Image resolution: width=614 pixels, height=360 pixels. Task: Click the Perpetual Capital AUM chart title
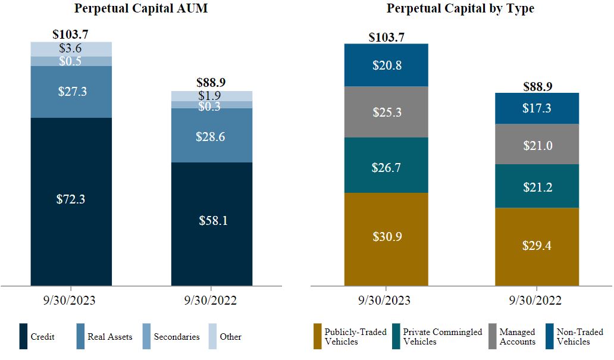[x=141, y=10]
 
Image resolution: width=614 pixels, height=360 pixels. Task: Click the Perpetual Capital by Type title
[x=460, y=9]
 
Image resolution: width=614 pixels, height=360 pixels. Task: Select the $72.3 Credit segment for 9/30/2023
[x=71, y=200]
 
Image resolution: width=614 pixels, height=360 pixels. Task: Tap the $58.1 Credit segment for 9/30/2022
[x=212, y=221]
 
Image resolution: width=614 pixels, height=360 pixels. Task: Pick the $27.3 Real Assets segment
[x=71, y=92]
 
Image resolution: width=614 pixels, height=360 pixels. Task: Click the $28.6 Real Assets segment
[x=212, y=136]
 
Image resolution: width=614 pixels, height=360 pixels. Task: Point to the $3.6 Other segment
[x=71, y=49]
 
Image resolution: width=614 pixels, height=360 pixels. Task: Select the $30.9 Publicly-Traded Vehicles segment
[x=386, y=237]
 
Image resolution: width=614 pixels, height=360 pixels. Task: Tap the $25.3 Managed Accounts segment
[x=386, y=112]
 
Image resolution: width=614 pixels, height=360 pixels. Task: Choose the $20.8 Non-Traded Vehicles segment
[x=386, y=65]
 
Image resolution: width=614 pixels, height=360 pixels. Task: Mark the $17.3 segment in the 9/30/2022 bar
[x=537, y=108]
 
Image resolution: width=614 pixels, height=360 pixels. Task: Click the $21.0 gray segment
[x=537, y=144]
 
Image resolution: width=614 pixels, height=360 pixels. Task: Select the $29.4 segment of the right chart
[x=537, y=245]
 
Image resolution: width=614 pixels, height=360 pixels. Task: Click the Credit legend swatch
[x=24, y=336]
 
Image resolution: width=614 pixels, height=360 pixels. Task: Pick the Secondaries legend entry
[x=176, y=337]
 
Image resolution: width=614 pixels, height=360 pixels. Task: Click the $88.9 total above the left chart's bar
[x=211, y=83]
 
